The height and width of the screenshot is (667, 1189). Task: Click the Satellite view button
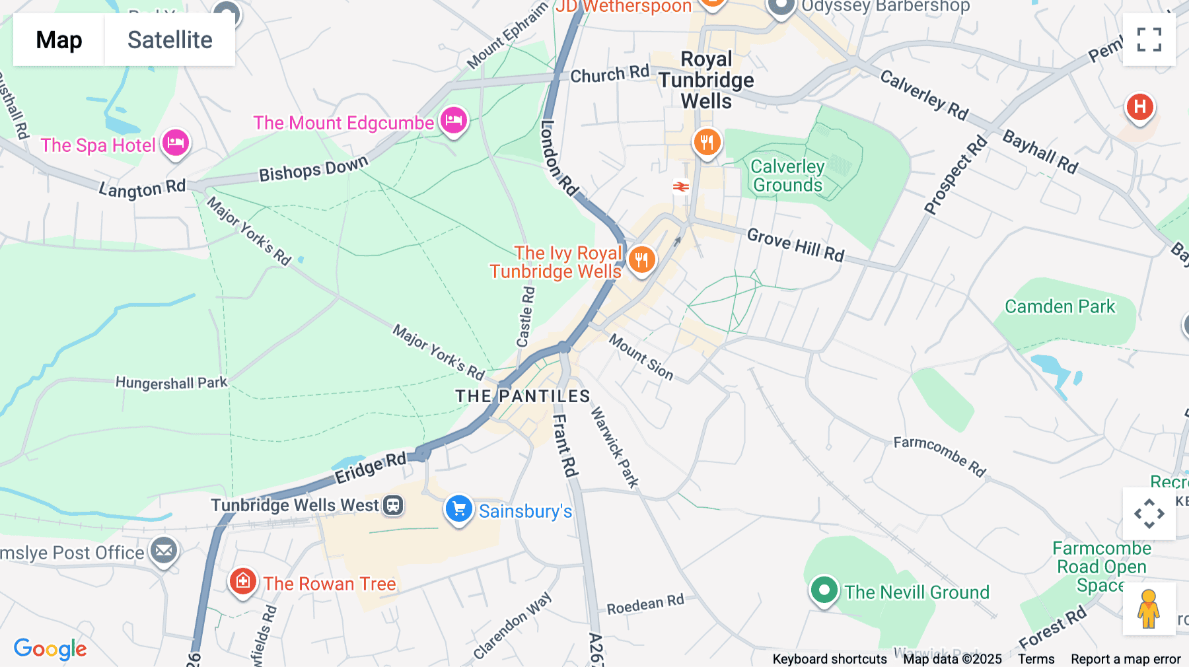coord(170,40)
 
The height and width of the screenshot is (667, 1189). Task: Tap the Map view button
coord(59,40)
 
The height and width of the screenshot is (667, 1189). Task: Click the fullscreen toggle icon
coord(1149,40)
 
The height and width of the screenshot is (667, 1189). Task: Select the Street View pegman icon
coord(1149,609)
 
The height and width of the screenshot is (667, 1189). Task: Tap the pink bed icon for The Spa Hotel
coord(176,143)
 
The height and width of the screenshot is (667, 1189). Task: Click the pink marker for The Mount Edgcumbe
coord(454,121)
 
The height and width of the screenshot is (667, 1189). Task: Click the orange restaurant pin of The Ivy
coord(641,260)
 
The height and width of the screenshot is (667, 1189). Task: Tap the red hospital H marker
coord(1139,107)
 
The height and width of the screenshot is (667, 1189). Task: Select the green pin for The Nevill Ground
coord(824,590)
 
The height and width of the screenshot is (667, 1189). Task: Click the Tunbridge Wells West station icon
coord(394,506)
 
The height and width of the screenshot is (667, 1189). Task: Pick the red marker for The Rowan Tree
coord(242,582)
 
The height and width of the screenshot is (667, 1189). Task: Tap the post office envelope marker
coord(164,551)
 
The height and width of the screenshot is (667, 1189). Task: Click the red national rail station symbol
coord(681,187)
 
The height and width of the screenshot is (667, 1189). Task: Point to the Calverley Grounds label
coord(787,176)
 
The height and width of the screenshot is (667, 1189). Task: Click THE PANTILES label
coord(522,396)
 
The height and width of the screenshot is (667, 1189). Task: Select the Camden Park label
coord(1060,306)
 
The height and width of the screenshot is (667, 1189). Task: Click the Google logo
coord(50,649)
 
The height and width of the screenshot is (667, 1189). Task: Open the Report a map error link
coord(1126,659)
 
